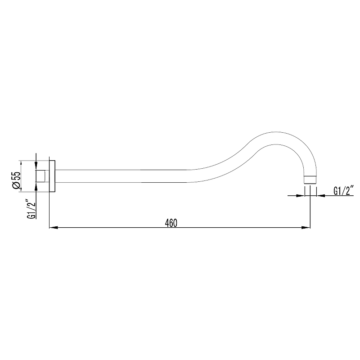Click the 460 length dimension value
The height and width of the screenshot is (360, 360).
point(171,223)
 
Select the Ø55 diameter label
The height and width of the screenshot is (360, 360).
point(17,180)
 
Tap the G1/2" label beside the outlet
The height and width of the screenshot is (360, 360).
point(343,190)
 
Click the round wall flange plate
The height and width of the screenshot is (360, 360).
point(52,176)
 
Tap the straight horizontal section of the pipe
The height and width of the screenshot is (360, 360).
point(121,176)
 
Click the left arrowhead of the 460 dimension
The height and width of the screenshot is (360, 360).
point(53,228)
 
